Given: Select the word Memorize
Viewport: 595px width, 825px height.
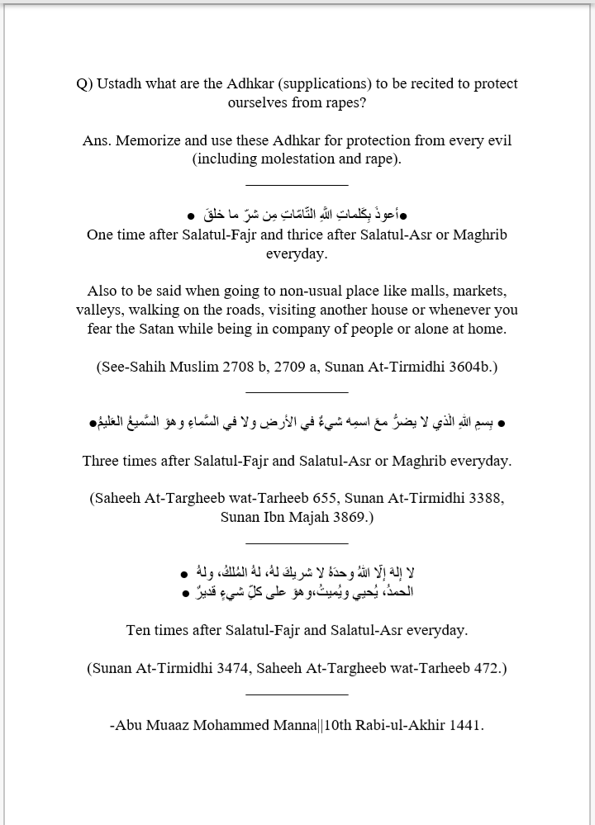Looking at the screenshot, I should click(149, 140).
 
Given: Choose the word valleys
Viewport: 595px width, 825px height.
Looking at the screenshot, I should click(100, 311).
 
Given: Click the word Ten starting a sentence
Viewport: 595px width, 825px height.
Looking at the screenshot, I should click(140, 630).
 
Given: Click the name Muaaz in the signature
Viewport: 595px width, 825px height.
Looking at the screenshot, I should click(171, 726).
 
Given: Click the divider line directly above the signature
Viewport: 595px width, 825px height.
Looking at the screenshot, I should click(297, 695).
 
